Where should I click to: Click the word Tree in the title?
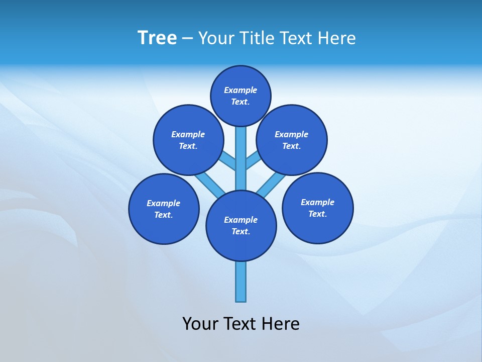point(157,38)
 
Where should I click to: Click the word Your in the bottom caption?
point(201,324)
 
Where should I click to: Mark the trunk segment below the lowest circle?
point(241,282)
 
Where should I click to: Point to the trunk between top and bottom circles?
point(241,158)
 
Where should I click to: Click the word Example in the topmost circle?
point(240,90)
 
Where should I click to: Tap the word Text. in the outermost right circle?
point(317,214)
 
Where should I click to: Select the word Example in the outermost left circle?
point(164,204)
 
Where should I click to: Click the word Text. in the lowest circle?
point(241,231)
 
